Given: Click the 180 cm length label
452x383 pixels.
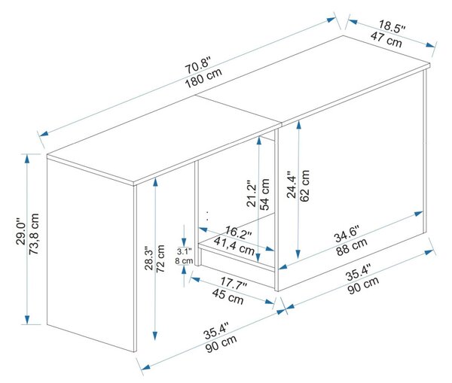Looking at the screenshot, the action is pyautogui.click(x=203, y=78).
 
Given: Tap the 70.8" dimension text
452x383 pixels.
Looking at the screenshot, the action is pyautogui.click(x=198, y=65).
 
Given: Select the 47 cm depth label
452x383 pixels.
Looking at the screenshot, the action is pyautogui.click(x=386, y=40).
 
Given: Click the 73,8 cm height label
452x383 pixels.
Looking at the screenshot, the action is pyautogui.click(x=34, y=234).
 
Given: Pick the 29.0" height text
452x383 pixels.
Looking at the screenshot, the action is pyautogui.click(x=21, y=231).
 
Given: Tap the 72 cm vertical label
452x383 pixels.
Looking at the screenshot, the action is pyautogui.click(x=160, y=259).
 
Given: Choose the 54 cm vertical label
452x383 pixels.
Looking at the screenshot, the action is pyautogui.click(x=264, y=194).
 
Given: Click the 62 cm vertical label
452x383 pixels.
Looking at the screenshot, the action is pyautogui.click(x=304, y=185).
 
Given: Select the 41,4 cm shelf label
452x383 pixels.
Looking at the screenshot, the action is pyautogui.click(x=234, y=246).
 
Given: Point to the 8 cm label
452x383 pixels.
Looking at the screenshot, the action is pyautogui.click(x=184, y=261).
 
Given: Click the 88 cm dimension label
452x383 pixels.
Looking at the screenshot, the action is pyautogui.click(x=352, y=247).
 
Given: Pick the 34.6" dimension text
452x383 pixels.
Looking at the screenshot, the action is pyautogui.click(x=347, y=233).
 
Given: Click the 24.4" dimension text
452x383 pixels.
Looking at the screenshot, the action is pyautogui.click(x=292, y=184).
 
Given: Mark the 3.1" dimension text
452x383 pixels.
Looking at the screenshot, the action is pyautogui.click(x=185, y=251).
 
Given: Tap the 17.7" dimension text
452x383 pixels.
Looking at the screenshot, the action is pyautogui.click(x=234, y=283).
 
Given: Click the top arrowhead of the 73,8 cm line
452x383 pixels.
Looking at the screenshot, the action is pyautogui.click(x=27, y=158).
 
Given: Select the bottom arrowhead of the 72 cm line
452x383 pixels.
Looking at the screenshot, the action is pyautogui.click(x=155, y=336).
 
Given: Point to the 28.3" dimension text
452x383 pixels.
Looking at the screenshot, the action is pyautogui.click(x=149, y=258).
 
